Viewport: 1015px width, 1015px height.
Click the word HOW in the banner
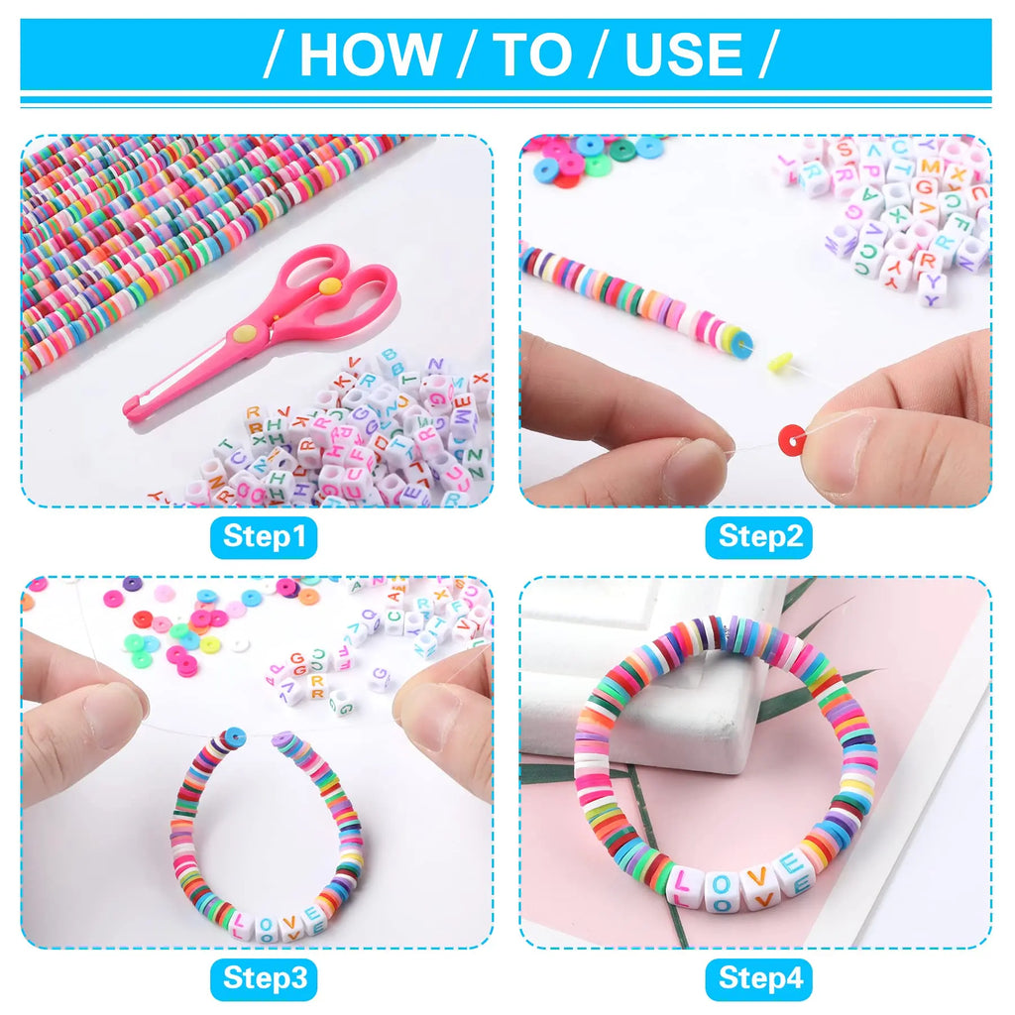(370, 55)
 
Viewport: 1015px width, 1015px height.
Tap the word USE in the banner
(684, 55)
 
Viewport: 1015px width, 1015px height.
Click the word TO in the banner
(532, 55)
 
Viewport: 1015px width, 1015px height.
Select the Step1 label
(264, 536)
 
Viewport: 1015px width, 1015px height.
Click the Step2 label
(759, 536)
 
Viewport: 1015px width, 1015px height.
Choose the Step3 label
(264, 978)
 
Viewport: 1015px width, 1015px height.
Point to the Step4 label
(759, 978)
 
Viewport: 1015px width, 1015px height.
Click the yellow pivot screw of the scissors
(329, 285)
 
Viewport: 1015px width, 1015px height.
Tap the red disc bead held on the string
(792, 439)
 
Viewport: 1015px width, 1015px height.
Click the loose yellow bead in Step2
(780, 362)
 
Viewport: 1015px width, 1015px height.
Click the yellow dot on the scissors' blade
(245, 333)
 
